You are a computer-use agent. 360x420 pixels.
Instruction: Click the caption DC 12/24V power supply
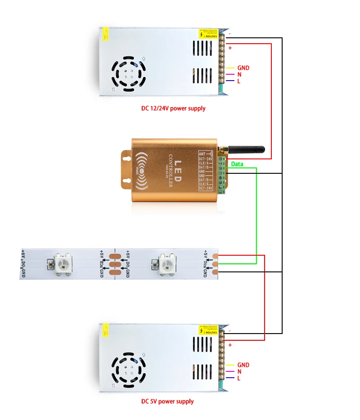point(173,108)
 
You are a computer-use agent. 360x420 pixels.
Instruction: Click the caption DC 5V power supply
point(167,401)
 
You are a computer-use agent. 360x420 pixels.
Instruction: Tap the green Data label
point(237,164)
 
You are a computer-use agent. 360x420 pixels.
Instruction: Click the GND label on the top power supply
point(243,68)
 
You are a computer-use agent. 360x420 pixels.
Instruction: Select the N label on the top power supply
point(239,74)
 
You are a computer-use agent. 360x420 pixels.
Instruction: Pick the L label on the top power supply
point(239,81)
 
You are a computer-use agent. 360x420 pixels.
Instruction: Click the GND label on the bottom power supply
point(243,365)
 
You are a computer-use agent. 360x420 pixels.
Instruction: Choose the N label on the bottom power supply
point(239,371)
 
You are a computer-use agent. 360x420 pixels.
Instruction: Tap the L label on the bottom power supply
point(239,378)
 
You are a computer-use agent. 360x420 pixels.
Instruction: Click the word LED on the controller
point(177,172)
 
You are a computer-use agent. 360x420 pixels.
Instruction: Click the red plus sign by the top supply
point(230,48)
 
